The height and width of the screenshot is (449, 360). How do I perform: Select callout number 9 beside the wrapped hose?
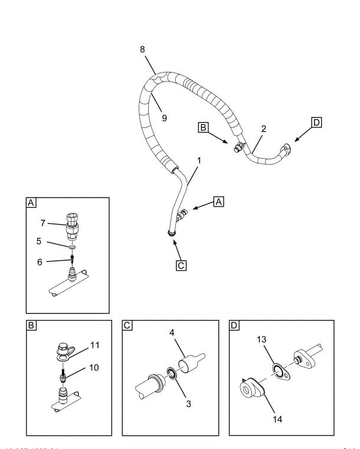coord(165,118)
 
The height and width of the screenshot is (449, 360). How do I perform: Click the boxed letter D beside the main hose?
coord(317,122)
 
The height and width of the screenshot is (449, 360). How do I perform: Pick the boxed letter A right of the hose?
coord(219,201)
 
